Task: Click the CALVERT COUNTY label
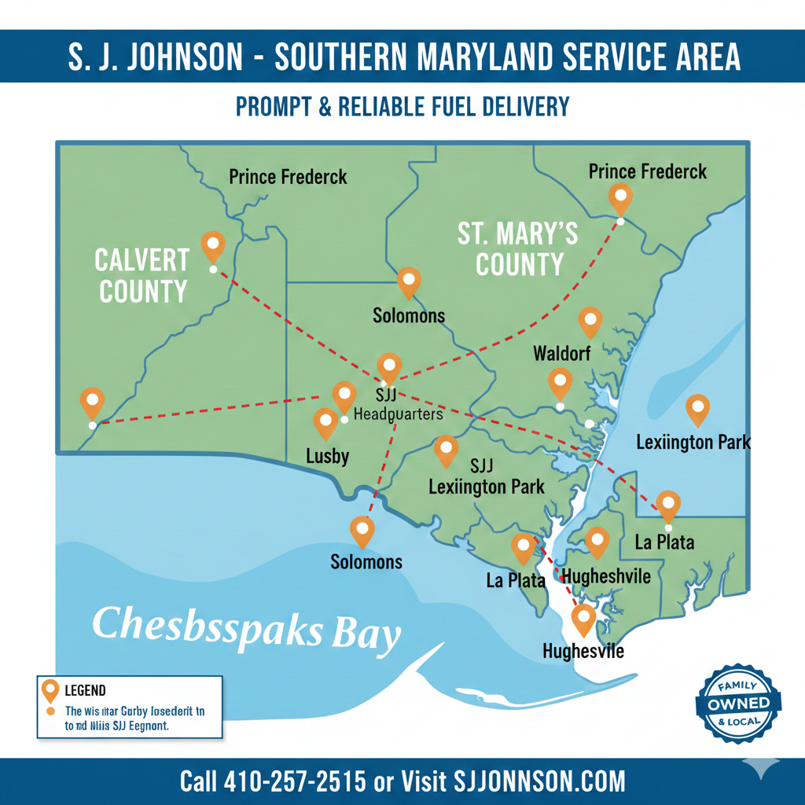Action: click(x=142, y=275)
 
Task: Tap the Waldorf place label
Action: click(x=561, y=353)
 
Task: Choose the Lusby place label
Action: click(x=327, y=456)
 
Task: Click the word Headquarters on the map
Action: click(x=399, y=414)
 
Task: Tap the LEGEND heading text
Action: click(x=86, y=691)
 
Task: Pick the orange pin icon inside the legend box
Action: click(x=50, y=690)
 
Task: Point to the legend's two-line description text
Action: click(x=134, y=719)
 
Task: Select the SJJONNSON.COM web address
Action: click(x=540, y=781)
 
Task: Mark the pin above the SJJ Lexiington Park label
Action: click(x=446, y=450)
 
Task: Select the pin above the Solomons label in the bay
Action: click(x=362, y=531)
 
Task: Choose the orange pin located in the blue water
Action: click(x=697, y=409)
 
